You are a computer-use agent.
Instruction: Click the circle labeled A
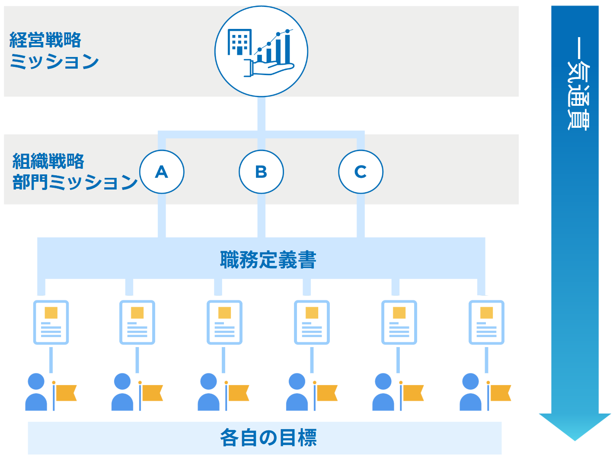tap(162, 172)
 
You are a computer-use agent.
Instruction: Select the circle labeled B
tap(261, 172)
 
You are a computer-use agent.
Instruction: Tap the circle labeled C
tap(361, 172)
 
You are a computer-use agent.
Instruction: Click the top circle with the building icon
tap(261, 52)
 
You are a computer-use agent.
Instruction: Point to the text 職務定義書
tap(268, 260)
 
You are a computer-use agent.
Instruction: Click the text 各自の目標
tap(268, 438)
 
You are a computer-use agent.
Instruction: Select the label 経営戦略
tap(45, 40)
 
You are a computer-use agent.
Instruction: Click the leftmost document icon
tap(51, 322)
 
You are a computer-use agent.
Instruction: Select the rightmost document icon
tap(486, 322)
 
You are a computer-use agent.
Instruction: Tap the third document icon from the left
tap(224, 322)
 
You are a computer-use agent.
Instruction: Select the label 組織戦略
tap(48, 161)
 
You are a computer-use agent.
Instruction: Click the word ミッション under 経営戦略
tap(54, 62)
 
